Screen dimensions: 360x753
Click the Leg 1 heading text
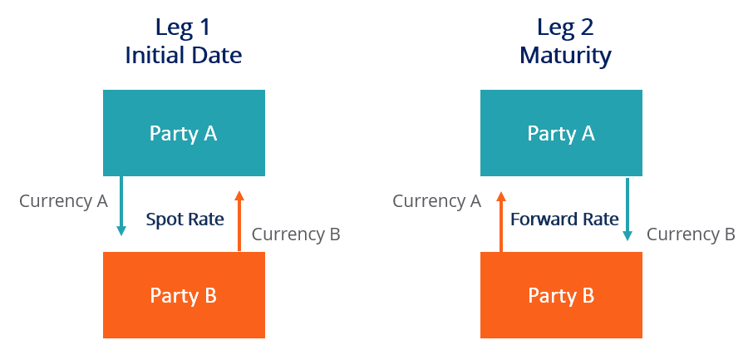184,27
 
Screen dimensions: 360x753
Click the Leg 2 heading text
565,27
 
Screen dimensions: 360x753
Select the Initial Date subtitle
184,56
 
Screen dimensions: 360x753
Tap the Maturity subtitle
565,56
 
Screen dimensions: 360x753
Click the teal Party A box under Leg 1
184,133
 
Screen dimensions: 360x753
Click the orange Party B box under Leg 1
184,295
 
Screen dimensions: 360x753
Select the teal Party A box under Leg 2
561,133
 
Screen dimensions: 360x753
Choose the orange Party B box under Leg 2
561,295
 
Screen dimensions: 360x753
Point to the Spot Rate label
185,219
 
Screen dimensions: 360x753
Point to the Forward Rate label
564,219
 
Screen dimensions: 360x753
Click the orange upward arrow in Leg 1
239,220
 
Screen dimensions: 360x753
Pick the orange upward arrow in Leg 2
500,220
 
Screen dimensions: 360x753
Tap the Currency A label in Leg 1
63,201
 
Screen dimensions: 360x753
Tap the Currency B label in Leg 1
296,234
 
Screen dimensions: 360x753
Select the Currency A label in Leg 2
436,201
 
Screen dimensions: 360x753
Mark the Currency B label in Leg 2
691,234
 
